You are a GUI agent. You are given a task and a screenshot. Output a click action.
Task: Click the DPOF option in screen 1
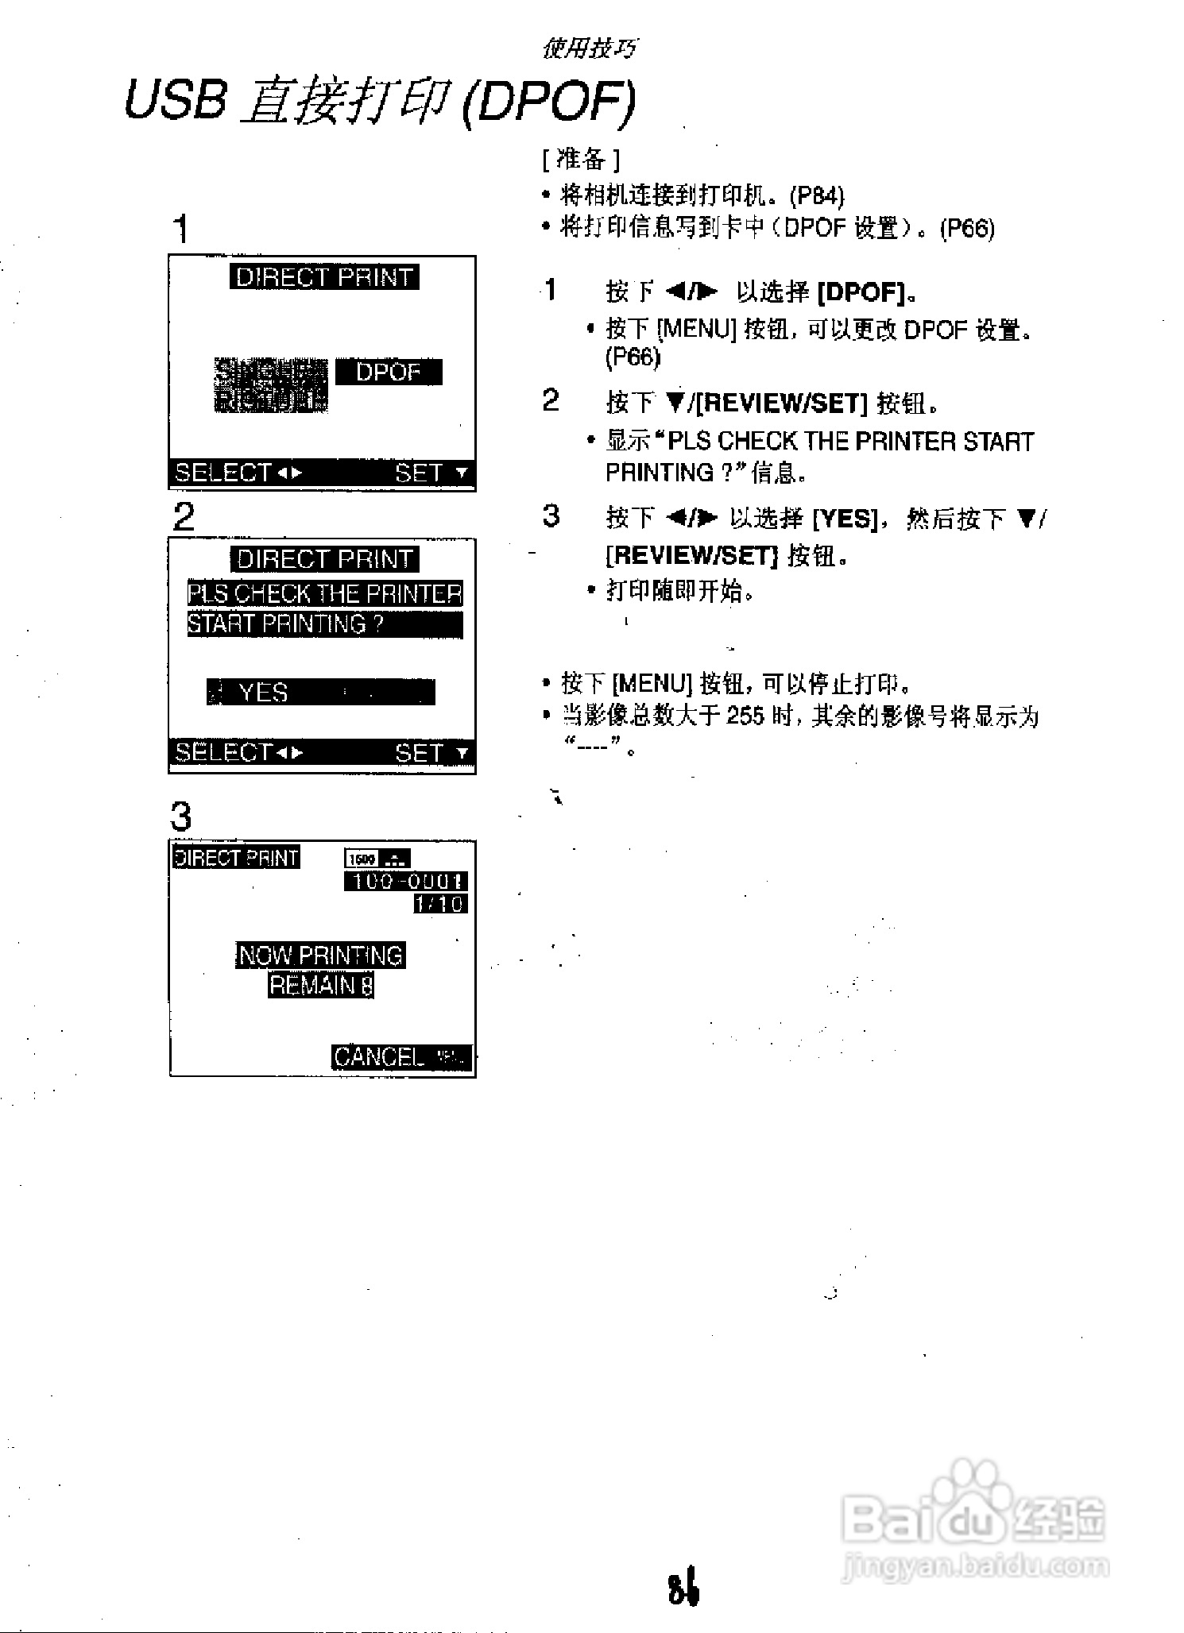click(x=389, y=372)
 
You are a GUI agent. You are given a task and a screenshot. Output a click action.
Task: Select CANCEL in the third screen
click(x=380, y=1056)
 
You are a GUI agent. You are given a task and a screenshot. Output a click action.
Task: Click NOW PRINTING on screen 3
click(x=321, y=955)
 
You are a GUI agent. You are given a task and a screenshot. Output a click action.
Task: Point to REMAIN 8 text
click(x=321, y=985)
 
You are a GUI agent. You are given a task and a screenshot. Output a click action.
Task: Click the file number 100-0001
click(x=406, y=881)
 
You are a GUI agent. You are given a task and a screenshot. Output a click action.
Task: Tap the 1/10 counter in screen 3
click(x=440, y=904)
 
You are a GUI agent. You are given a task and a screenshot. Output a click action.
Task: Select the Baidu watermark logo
click(x=973, y=1518)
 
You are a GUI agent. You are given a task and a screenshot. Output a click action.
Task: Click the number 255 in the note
click(x=745, y=716)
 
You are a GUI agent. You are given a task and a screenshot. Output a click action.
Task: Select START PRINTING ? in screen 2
click(x=286, y=624)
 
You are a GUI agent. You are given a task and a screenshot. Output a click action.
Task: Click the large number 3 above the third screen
click(x=181, y=816)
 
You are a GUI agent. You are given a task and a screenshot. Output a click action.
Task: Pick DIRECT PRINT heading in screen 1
click(x=324, y=277)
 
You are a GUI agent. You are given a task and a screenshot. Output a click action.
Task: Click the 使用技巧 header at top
click(x=590, y=49)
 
